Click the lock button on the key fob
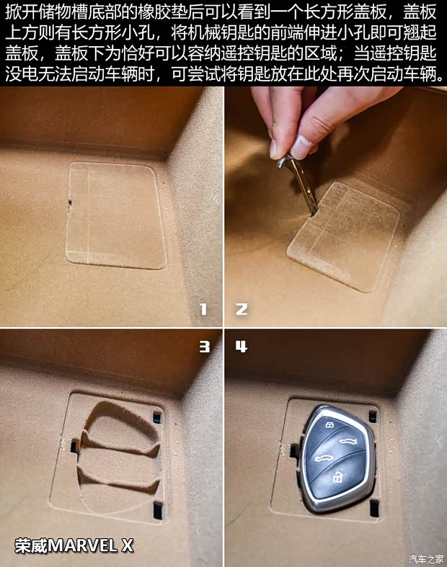[329, 426]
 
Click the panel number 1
[203, 309]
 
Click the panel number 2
[242, 309]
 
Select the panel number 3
[204, 347]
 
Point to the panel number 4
[242, 347]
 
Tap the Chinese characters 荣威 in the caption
[30, 546]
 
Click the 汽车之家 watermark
[425, 558]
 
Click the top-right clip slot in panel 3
[157, 416]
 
